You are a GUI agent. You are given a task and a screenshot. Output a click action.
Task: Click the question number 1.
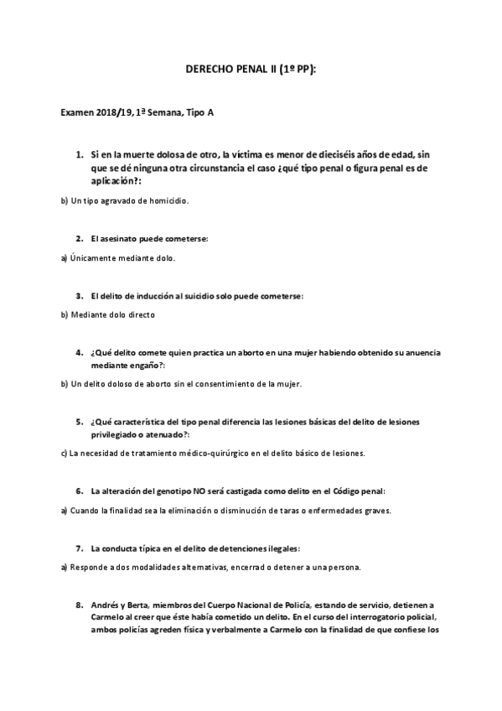[x=79, y=155]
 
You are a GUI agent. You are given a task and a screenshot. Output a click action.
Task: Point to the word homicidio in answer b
[x=163, y=201]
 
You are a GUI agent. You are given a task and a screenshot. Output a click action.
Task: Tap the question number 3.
[x=79, y=296]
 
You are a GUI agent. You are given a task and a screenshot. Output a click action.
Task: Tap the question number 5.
[x=79, y=422]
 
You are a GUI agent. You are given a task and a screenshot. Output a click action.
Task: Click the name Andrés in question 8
[x=106, y=605]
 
